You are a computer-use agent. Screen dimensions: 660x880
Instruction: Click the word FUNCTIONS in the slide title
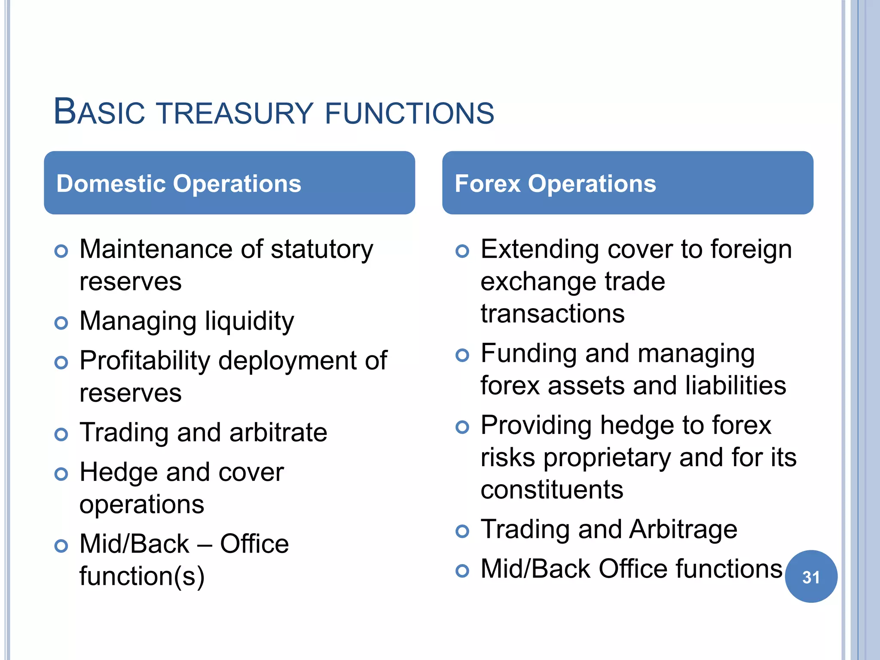(x=409, y=113)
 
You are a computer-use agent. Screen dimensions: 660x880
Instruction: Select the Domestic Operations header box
(x=229, y=183)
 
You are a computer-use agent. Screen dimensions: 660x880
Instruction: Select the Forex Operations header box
(x=627, y=183)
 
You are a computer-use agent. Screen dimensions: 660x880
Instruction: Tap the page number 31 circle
(x=811, y=577)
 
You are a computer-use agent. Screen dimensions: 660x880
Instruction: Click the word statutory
(x=322, y=250)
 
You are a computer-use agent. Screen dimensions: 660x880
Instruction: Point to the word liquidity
(x=249, y=322)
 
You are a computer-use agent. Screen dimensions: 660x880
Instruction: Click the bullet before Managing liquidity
(x=61, y=323)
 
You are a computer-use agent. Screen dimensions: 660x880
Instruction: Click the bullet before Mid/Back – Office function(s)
(x=61, y=546)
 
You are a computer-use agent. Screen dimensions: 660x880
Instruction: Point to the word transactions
(x=553, y=313)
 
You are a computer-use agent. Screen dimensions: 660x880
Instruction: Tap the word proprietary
(x=607, y=458)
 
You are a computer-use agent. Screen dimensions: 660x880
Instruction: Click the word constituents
(x=552, y=489)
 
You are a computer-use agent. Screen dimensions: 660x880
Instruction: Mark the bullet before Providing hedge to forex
(x=462, y=427)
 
